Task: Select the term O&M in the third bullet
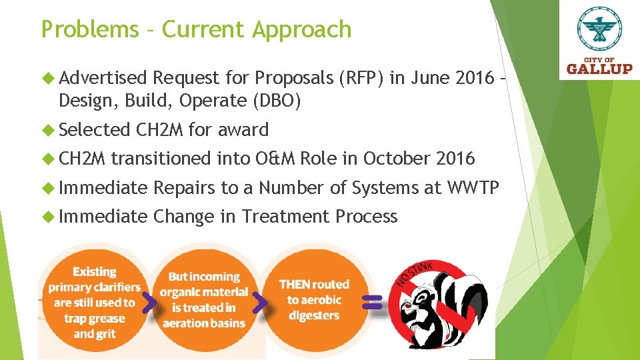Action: click(275, 159)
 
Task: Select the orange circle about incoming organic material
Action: click(203, 300)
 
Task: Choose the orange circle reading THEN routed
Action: click(313, 300)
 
